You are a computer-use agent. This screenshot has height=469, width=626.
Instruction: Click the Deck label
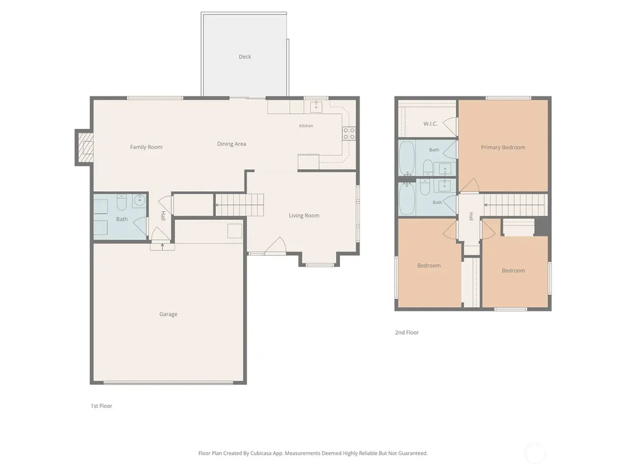245,57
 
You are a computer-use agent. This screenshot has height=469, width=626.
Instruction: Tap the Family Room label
146,147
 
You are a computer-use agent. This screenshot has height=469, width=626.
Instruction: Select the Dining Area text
232,144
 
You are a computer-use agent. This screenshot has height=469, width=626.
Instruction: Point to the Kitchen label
306,126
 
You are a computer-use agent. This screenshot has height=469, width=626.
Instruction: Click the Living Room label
304,216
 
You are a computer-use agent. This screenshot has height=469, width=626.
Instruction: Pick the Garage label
168,314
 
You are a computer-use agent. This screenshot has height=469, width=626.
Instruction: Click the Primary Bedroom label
503,148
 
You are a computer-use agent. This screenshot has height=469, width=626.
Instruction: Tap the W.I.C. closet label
430,124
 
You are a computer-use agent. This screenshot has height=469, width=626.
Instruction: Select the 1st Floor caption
101,406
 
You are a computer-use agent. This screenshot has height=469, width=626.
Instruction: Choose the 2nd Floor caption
407,332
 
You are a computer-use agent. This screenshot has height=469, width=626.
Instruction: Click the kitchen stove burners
348,134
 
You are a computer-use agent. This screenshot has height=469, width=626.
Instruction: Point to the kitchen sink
316,106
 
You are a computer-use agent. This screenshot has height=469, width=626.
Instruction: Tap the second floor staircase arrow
515,205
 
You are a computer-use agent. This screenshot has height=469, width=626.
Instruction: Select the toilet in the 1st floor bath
122,202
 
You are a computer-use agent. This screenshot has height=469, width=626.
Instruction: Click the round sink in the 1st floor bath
139,200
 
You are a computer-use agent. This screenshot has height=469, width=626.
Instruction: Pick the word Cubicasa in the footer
261,454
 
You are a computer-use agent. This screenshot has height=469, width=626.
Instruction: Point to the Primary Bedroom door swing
470,186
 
